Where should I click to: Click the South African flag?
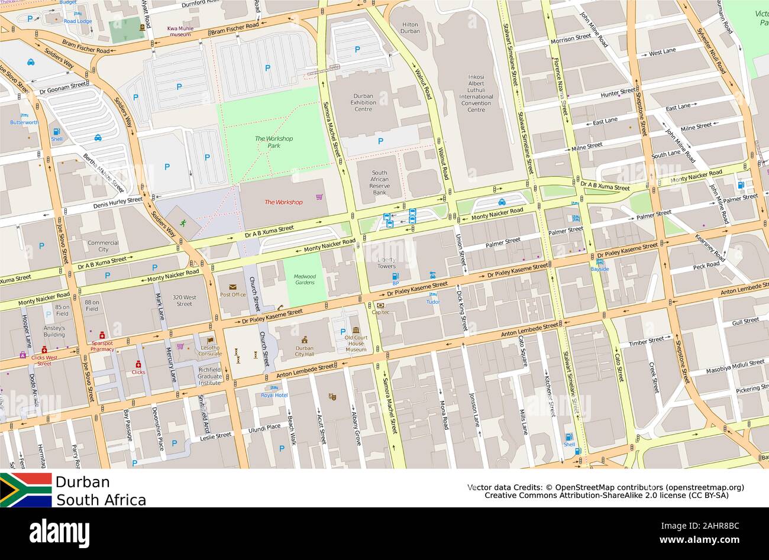pos(25,490)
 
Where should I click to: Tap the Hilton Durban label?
pos(410,28)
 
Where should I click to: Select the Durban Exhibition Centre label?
pos(363,102)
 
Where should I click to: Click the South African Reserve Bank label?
pos(379,183)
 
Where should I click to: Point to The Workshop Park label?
pos(273,142)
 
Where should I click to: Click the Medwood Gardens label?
pos(305,279)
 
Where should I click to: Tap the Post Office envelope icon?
pos(232,287)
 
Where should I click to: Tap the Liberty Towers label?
pos(386,263)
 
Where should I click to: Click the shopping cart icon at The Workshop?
pos(319,197)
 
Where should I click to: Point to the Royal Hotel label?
pos(274,395)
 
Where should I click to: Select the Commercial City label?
pos(103,246)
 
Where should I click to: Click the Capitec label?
pos(380,313)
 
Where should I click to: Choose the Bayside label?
pos(599,269)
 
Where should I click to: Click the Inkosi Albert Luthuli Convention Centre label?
pos(476,93)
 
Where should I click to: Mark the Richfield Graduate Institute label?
pos(209,375)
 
